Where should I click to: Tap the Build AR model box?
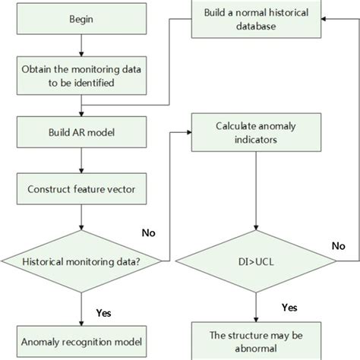tap(81, 131)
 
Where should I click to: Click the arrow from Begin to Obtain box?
tap(81, 43)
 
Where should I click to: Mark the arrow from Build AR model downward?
tap(81, 159)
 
